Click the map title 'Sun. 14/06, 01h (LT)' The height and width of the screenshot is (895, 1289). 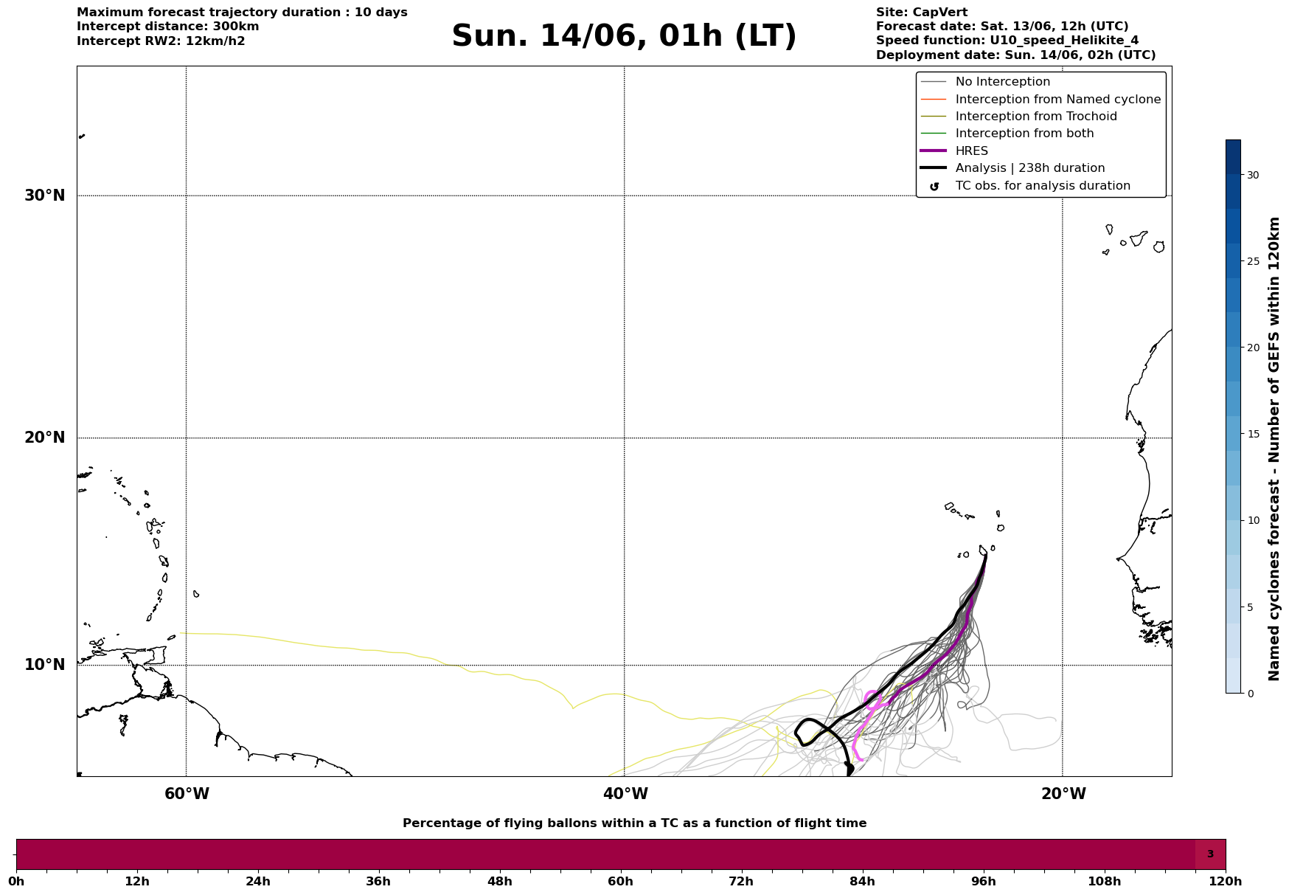(624, 36)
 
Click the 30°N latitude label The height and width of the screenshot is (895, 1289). (45, 196)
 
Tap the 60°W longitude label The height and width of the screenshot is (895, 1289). (187, 794)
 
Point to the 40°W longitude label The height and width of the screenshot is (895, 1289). (625, 794)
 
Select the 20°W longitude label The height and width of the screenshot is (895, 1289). (1063, 794)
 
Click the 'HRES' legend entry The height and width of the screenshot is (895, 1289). (972, 151)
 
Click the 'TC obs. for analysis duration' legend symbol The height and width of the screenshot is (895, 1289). (934, 186)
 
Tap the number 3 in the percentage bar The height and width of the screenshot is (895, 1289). (1210, 854)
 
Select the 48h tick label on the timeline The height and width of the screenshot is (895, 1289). (499, 881)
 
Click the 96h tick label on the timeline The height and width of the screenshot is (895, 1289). (983, 881)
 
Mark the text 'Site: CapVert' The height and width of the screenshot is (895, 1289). (922, 13)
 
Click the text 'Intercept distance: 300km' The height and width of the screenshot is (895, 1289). (168, 27)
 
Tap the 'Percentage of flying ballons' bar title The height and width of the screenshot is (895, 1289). (635, 823)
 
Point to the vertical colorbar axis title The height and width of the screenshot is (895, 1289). (1274, 449)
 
